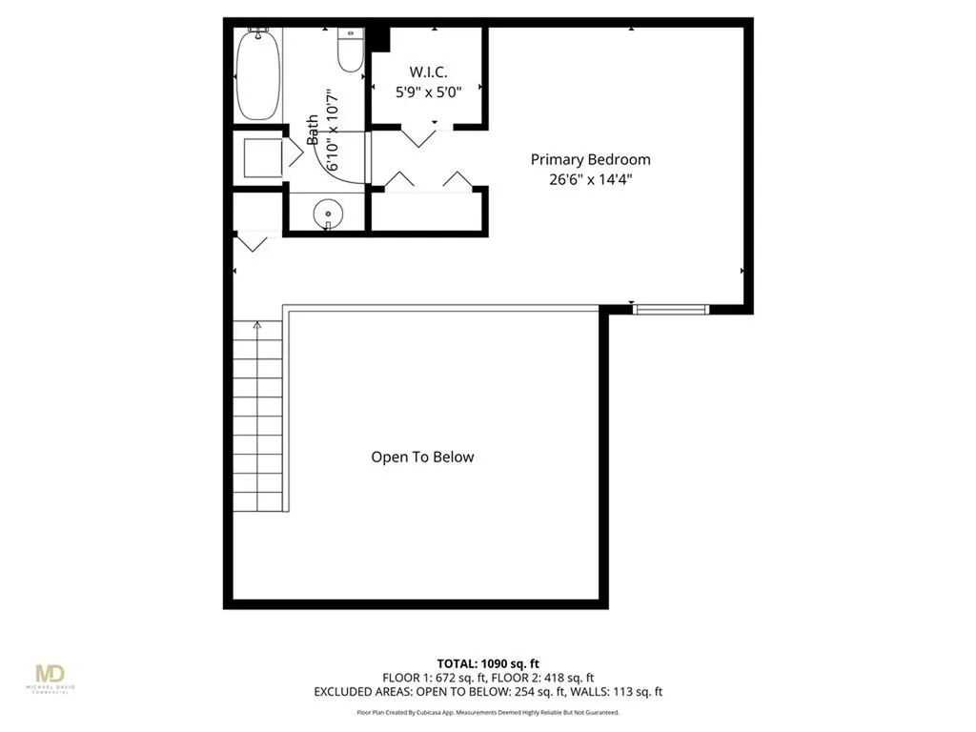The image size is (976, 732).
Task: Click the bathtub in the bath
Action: click(257, 74)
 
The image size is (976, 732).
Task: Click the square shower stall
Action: click(261, 157)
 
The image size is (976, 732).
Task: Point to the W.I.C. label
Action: click(428, 71)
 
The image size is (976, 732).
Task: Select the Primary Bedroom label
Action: click(590, 159)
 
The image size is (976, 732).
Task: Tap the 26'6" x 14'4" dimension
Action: click(590, 178)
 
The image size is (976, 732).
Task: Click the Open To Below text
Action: click(422, 457)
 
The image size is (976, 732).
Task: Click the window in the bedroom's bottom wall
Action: click(671, 308)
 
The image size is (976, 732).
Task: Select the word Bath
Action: click(313, 130)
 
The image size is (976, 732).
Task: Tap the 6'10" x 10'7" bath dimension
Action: click(332, 130)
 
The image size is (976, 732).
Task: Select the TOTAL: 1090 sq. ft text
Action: click(487, 662)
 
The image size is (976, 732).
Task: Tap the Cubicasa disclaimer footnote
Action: click(487, 712)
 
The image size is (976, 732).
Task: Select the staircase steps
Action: click(258, 419)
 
